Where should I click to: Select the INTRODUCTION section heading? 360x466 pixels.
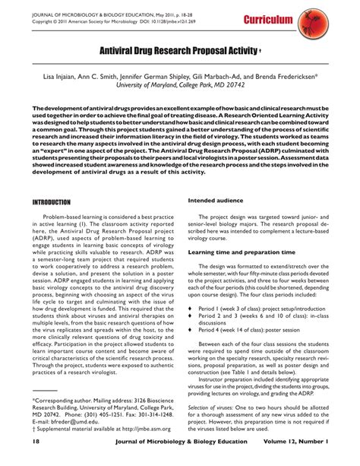point(52,203)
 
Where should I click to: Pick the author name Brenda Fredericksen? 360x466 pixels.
point(279,77)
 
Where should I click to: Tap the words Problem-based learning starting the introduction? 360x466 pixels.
point(76,217)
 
